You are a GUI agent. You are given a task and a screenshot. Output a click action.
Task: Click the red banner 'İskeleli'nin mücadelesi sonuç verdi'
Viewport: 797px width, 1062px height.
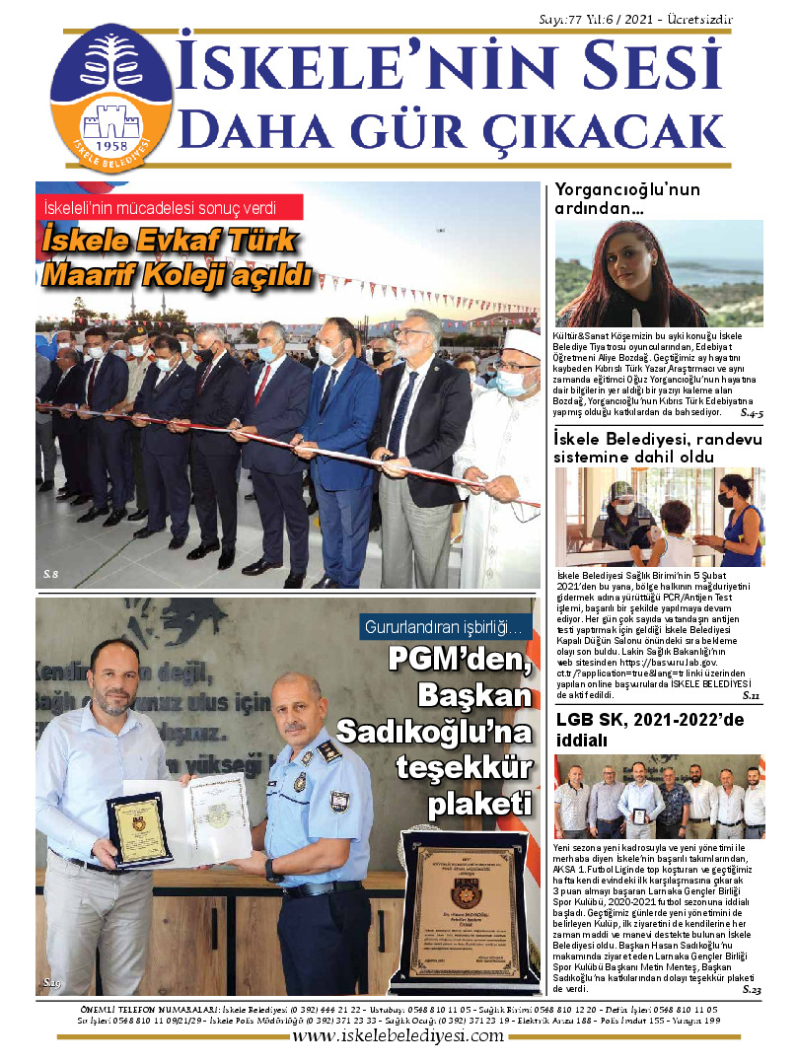[x=169, y=208]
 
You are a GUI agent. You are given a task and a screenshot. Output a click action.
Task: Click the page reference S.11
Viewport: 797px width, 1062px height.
[x=751, y=696]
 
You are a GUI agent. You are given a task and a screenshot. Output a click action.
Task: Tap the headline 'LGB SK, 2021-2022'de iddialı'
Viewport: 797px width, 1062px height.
[x=650, y=729]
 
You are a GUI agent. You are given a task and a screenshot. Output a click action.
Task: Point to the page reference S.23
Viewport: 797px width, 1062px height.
[x=750, y=989]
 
